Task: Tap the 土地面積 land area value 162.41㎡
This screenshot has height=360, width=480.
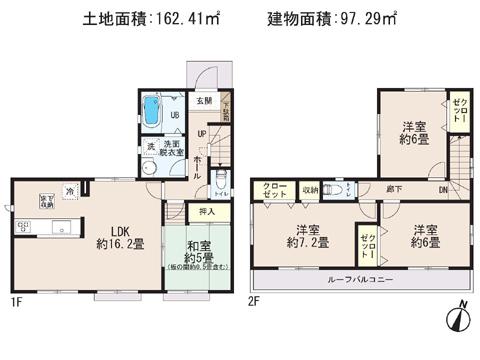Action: pos(136,17)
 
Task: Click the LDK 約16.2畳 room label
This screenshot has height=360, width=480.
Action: pos(110,231)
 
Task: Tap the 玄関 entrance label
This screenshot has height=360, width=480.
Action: pos(203,100)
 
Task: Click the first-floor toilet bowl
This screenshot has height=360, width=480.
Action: pos(221,176)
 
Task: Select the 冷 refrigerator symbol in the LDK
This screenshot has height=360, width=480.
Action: pos(69,190)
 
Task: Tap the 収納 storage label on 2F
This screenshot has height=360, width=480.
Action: pos(311,188)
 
